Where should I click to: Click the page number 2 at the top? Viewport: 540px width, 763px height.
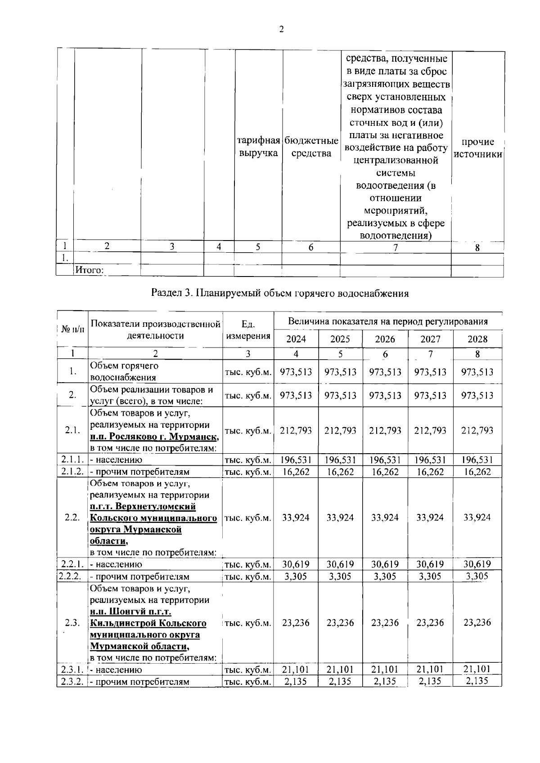(x=281, y=30)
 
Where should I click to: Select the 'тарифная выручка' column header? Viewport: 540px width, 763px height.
(x=258, y=147)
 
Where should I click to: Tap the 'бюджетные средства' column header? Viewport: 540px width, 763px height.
(x=311, y=147)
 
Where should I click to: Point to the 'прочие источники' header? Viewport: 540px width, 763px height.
(x=478, y=148)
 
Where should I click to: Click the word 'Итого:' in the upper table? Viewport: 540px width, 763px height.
(x=90, y=270)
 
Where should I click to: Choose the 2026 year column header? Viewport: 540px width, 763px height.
(x=385, y=339)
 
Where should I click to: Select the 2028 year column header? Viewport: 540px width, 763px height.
(x=477, y=339)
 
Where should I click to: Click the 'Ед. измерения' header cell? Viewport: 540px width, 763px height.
(x=248, y=330)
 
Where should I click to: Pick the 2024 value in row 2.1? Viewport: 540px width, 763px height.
(x=296, y=430)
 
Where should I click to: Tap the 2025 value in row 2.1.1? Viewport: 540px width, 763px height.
(x=340, y=460)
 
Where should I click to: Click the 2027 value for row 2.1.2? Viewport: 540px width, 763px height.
(x=430, y=472)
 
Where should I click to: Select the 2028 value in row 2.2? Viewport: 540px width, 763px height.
(x=477, y=518)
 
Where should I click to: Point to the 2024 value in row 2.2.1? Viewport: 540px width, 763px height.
(x=296, y=564)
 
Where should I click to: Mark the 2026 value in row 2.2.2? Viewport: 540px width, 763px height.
(x=385, y=576)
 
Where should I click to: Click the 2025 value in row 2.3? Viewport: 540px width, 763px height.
(x=340, y=623)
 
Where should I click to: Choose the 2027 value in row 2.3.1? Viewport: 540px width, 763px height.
(x=430, y=669)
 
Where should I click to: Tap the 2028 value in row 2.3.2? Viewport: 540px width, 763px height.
(x=477, y=681)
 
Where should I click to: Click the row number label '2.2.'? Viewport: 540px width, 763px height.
(x=72, y=518)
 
